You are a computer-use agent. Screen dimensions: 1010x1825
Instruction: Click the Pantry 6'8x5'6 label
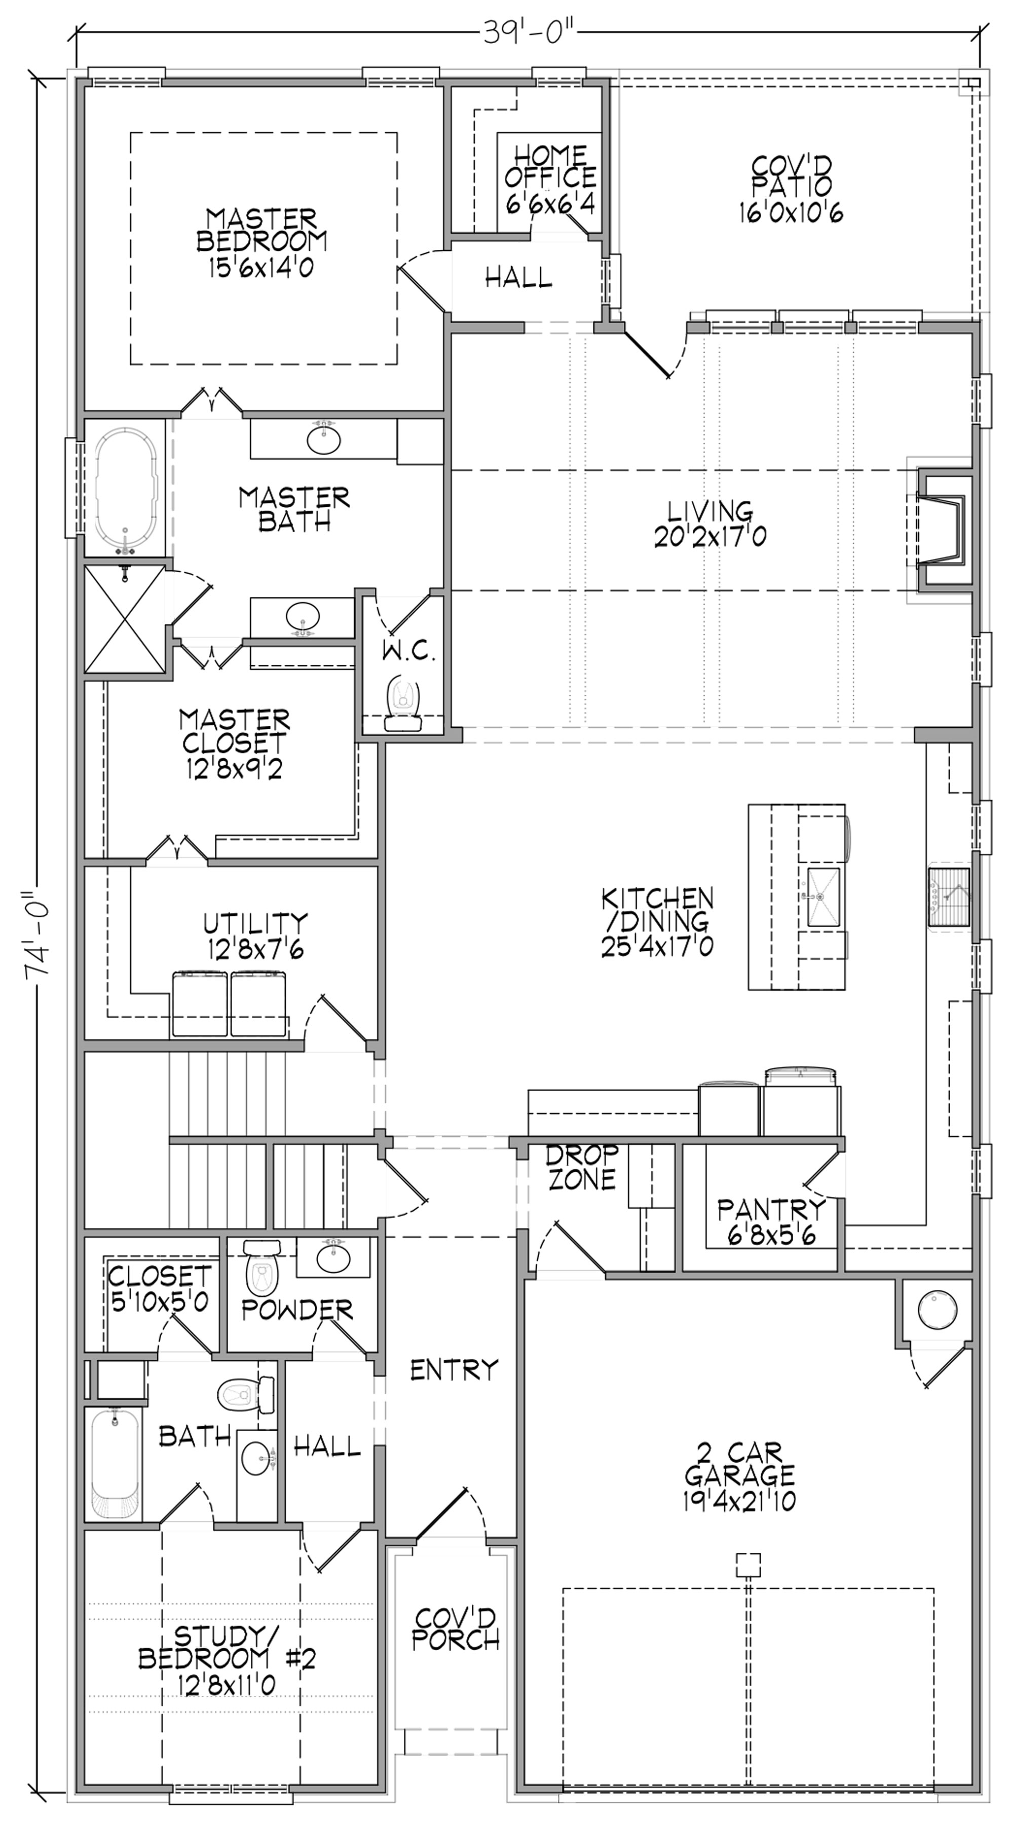click(x=771, y=1221)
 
